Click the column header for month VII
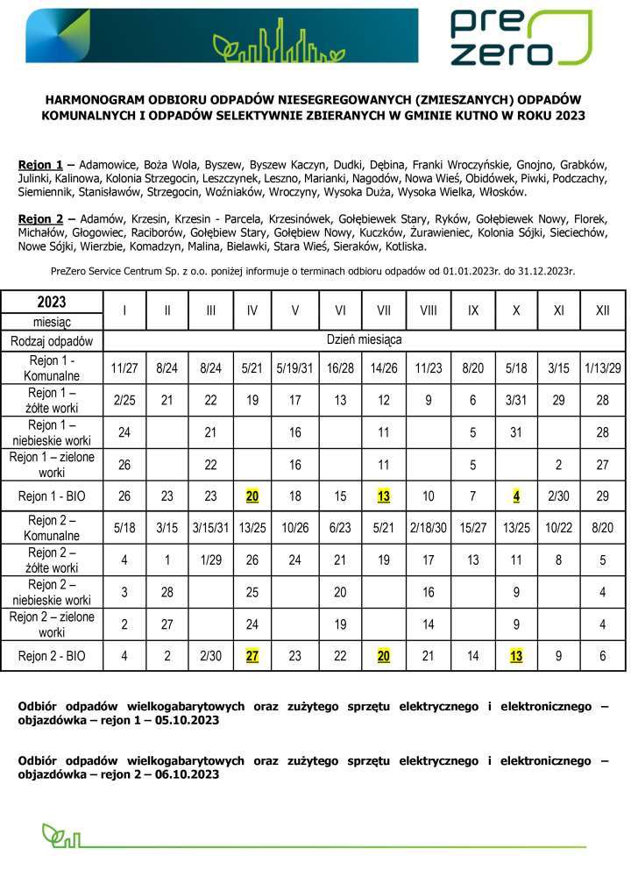coord(384,310)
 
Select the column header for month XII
coord(602,310)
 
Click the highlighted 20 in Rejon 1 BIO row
coord(252,496)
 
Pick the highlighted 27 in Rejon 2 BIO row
coord(252,654)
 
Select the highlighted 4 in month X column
coord(517,496)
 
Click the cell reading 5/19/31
coord(295,367)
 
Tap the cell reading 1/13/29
coord(602,367)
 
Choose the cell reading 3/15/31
coord(210,530)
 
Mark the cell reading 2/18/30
coord(429,530)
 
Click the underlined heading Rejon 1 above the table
coord(40,165)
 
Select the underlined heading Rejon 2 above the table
coord(40,217)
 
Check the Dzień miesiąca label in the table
coord(365,339)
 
